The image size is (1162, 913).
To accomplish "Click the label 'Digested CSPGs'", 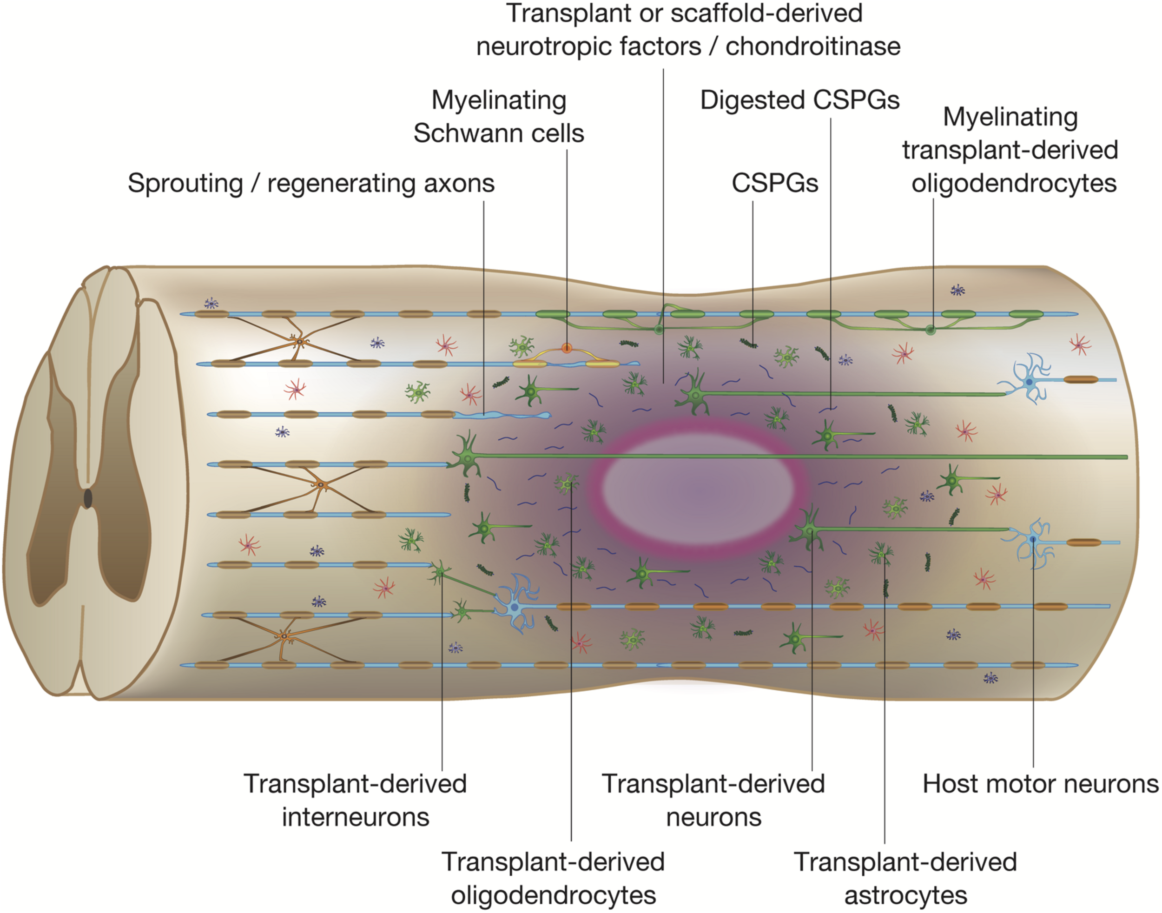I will (799, 100).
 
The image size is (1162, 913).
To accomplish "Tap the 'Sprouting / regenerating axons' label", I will (310, 183).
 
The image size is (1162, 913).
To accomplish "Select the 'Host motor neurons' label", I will (1040, 784).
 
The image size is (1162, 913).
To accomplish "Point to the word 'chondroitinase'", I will (812, 47).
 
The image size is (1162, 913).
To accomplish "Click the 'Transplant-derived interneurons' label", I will (356, 800).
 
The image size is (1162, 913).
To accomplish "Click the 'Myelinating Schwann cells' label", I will (498, 117).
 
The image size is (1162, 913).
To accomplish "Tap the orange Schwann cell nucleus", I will (567, 349).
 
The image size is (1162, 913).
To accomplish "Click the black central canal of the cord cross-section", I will (88, 499).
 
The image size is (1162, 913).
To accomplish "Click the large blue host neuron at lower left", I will (514, 608).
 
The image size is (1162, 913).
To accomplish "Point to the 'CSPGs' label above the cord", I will (774, 183).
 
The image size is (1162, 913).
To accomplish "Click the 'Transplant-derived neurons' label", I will (713, 800).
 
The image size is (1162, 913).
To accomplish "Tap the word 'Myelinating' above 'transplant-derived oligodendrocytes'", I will (1010, 117).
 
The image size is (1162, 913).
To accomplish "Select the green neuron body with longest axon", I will (467, 456).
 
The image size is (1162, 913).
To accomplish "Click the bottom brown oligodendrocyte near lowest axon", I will (284, 636).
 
